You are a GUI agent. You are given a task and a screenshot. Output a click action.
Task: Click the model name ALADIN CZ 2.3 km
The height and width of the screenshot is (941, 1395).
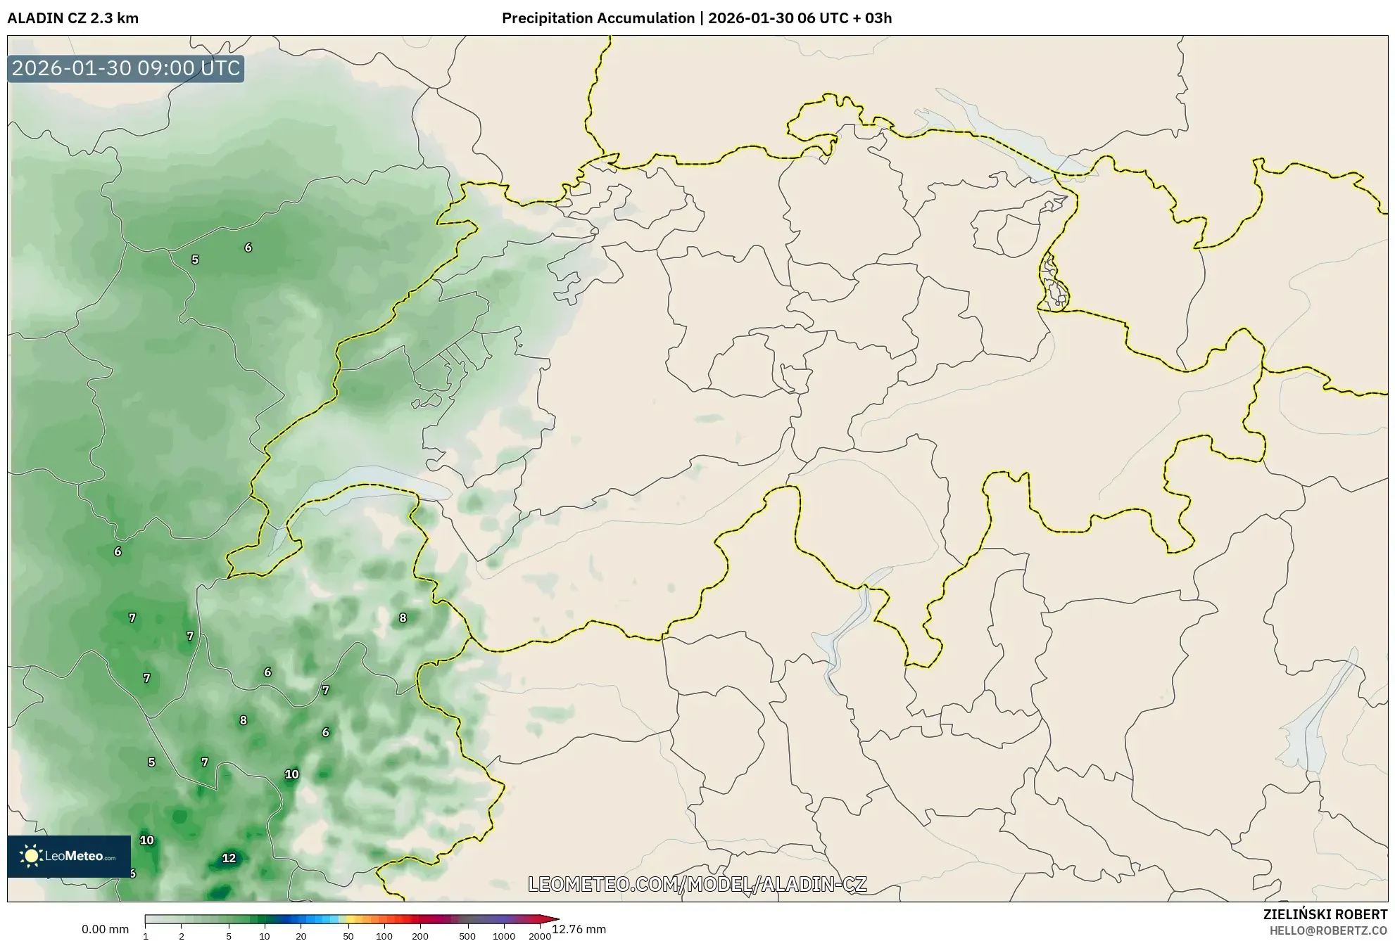[72, 18]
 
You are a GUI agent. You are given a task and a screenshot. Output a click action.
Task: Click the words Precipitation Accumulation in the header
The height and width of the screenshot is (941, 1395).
[598, 18]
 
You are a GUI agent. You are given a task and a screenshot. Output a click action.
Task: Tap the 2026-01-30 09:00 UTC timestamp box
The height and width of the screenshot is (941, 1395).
[126, 68]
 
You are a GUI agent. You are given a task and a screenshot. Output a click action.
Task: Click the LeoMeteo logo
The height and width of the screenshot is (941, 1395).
[68, 856]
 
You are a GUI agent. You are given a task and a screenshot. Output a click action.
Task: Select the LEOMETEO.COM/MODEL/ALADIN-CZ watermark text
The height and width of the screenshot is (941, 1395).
[697, 884]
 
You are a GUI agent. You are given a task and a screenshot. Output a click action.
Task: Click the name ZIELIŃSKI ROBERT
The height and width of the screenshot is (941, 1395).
[1325, 914]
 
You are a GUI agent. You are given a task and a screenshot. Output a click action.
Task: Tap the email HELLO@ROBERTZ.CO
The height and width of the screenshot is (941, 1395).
[1327, 930]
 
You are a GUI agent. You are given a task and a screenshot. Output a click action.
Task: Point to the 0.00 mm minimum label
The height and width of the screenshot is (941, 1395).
[105, 929]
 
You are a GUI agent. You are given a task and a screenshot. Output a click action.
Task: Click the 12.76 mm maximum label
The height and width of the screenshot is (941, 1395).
[579, 929]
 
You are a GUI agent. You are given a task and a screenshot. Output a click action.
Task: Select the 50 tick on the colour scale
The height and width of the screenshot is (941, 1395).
[348, 936]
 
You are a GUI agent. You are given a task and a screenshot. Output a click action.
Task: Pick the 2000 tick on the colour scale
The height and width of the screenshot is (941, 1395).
[540, 936]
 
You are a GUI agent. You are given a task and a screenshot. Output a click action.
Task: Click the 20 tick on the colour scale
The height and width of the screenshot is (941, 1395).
[301, 936]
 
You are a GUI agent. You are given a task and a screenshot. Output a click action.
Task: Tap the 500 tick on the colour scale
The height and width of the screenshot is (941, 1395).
[467, 936]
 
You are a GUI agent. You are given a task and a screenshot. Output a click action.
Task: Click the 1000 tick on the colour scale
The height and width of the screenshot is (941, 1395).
[504, 936]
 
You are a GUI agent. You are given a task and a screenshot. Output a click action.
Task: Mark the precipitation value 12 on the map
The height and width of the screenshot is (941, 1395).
[229, 858]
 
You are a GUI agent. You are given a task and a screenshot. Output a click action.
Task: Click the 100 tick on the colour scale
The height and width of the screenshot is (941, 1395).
[384, 936]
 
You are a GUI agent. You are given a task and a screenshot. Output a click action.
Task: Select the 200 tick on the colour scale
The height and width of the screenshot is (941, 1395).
[420, 936]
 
